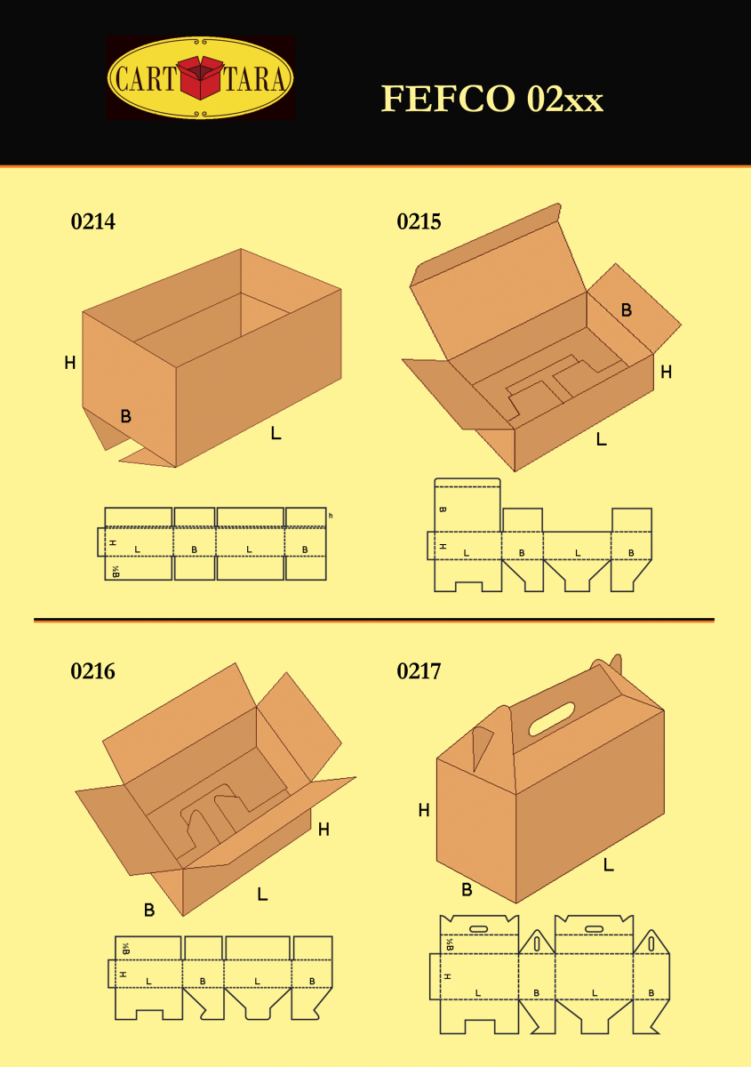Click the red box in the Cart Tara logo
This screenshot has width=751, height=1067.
[201, 78]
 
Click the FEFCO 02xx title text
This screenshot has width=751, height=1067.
[491, 99]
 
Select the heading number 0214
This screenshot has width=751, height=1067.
[93, 221]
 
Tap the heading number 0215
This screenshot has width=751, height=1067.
[419, 221]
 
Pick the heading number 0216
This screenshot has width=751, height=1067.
[93, 671]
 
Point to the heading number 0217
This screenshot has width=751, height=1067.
[419, 671]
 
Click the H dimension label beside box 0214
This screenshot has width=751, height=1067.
[69, 363]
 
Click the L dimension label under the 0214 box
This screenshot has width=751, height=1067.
[276, 434]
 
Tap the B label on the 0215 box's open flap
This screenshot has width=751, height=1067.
[627, 310]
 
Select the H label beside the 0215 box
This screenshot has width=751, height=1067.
[666, 373]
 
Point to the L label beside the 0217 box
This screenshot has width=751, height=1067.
[609, 863]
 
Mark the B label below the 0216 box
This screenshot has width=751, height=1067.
[149, 910]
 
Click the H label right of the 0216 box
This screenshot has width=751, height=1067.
[324, 830]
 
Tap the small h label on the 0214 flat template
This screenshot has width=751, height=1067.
[331, 516]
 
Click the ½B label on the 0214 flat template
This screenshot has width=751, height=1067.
[115, 571]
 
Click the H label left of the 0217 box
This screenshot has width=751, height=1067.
[424, 810]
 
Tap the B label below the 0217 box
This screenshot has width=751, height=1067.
[467, 889]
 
